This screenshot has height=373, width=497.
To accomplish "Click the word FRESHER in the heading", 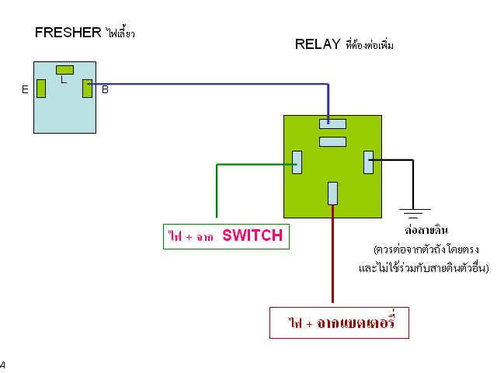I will coord(68,33).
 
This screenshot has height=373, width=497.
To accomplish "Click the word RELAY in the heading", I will coord(318,44).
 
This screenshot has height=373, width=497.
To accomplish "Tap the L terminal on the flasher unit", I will coord(64,70).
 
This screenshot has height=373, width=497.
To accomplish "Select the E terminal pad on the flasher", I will coord(41,89).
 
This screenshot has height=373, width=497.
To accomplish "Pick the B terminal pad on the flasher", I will coord(87,89).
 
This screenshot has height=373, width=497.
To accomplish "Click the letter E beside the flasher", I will coord(26,90).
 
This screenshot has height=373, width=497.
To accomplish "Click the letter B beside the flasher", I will coord(104,90).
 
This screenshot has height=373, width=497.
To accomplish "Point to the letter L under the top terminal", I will coord(64,79).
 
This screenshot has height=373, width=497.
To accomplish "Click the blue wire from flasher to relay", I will coord(210,84).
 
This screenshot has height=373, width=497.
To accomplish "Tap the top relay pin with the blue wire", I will coord(332,123).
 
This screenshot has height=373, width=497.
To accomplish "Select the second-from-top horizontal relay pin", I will coord(332,141).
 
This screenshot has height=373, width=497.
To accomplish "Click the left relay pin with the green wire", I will coord(297,162).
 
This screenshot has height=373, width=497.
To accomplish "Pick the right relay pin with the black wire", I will coord(369,162).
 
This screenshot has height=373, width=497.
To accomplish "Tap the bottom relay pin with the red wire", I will coord(332,192).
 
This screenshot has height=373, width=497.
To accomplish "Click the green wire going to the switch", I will coord(217,190).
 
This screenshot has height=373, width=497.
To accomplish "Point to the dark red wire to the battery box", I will coord(332,256).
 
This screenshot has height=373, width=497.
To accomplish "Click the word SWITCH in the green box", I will coord(252,235).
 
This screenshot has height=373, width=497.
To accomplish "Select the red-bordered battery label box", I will coord(339,322).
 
